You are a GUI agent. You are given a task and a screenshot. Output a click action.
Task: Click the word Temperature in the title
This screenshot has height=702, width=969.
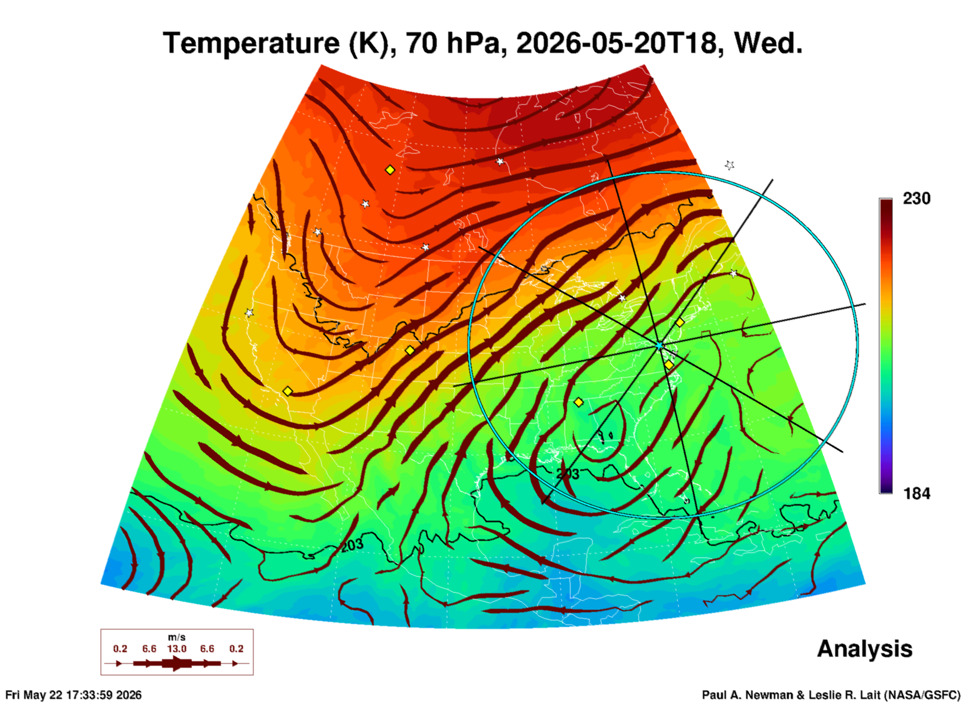[251, 43]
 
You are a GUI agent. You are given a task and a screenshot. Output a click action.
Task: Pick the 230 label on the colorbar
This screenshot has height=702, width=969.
[916, 199]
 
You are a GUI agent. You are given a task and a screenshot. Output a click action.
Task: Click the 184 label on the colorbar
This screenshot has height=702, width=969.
[916, 494]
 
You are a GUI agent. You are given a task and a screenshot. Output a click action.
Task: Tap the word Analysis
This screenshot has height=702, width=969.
[864, 649]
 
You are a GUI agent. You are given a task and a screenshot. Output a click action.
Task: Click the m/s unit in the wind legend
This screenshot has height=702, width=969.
[177, 638]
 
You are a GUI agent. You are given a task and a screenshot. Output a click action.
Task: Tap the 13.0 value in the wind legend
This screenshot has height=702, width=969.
[177, 649]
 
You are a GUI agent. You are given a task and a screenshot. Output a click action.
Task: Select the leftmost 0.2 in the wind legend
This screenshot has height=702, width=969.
[120, 649]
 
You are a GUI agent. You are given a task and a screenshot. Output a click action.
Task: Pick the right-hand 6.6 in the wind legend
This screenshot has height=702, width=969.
[207, 649]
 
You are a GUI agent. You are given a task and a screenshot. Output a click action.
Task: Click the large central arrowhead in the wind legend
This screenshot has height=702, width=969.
[177, 663]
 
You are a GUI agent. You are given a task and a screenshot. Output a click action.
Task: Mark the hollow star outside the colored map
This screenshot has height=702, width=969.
[730, 165]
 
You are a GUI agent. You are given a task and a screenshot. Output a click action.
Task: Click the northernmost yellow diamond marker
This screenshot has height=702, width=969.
[390, 170]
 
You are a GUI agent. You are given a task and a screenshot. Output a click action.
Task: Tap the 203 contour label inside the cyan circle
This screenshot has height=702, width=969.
[568, 474]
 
